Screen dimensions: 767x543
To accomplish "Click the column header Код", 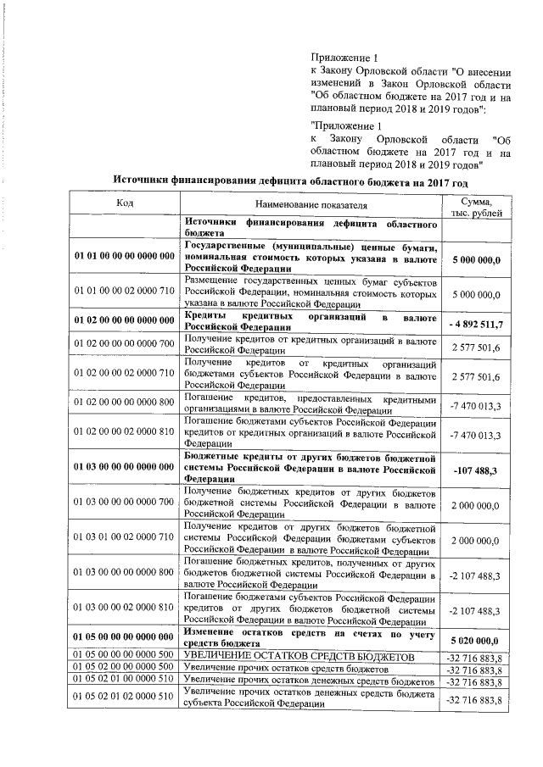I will point(124,203).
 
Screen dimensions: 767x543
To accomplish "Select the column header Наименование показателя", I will point(310,204).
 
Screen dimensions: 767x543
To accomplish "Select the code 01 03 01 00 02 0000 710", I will point(124,539).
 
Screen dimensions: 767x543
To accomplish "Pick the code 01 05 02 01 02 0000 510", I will point(124,698).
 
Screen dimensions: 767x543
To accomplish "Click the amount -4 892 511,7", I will point(476,324).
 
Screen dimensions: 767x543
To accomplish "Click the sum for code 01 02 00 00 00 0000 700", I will point(476,347).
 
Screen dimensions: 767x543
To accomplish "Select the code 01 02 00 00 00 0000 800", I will point(124,405).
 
